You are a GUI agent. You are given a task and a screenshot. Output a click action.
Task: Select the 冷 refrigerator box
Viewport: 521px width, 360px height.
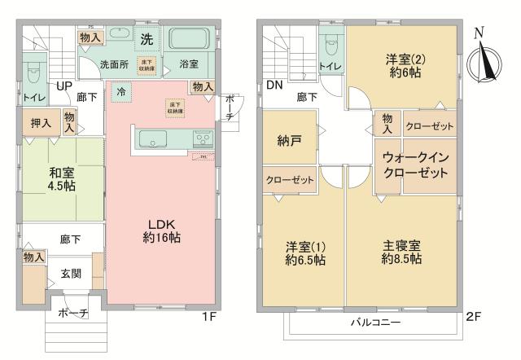(x=121, y=91)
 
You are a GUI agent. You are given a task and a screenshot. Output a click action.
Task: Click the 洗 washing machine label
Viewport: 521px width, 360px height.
(x=147, y=37)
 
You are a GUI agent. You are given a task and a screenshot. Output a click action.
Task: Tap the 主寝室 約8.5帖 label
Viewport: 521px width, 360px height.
(x=401, y=252)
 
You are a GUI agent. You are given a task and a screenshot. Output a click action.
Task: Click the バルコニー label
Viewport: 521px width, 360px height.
(x=375, y=323)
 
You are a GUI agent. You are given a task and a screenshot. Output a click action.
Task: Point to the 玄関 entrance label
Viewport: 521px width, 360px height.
(x=72, y=274)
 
